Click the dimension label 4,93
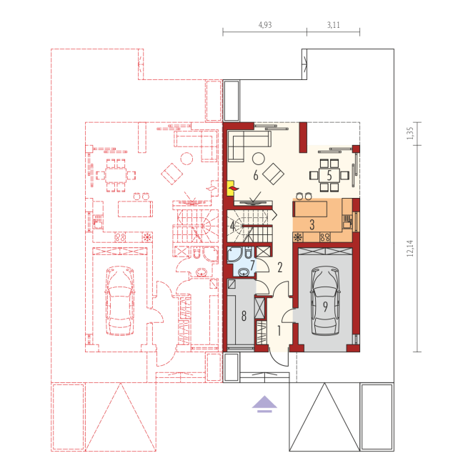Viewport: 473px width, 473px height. tap(265, 25)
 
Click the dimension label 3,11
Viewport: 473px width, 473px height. tap(334, 25)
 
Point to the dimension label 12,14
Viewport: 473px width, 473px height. tap(409, 248)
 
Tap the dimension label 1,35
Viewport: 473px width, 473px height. tap(409, 133)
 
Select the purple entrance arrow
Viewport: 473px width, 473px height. tap(264, 404)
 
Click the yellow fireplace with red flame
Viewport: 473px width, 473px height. tap(231, 188)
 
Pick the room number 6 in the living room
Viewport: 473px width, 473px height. tap(256, 175)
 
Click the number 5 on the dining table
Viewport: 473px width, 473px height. tap(329, 175)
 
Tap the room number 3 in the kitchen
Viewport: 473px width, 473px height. tap(312, 225)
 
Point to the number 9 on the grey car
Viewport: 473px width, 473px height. tap(325, 307)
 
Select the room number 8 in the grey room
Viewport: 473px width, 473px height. tap(244, 316)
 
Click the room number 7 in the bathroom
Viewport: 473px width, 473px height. tap(252, 264)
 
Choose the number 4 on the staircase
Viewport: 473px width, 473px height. tap(232, 226)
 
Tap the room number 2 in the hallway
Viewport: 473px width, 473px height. tap(280, 267)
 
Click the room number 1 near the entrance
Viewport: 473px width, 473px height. tap(279, 331)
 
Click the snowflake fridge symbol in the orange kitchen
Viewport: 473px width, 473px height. tap(298, 237)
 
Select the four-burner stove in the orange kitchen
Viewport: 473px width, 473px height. tap(325, 237)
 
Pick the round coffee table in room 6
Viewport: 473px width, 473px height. tap(258, 159)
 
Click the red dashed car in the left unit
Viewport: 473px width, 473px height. tap(120, 301)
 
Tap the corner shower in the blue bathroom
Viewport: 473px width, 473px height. tap(234, 254)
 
